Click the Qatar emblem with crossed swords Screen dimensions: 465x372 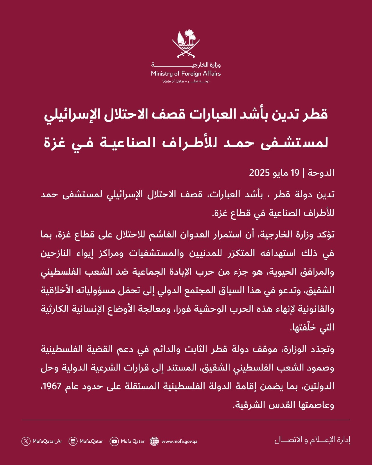pyautogui.click(x=186, y=43)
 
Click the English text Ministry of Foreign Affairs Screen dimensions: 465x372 pyautogui.click(x=186, y=74)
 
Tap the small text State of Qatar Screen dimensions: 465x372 pyautogui.click(x=173, y=81)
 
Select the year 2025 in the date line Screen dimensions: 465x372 pyautogui.click(x=259, y=173)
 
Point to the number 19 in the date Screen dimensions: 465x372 pyautogui.click(x=295, y=173)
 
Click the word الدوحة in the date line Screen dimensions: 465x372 pyautogui.click(x=321, y=173)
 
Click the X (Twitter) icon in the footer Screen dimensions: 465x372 pyautogui.click(x=26, y=441)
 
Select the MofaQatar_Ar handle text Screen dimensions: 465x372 pyautogui.click(x=47, y=441)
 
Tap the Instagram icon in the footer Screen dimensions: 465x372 pyautogui.click(x=73, y=441)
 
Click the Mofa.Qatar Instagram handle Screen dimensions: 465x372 pyautogui.click(x=91, y=441)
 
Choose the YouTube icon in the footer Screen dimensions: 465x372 pyautogui.click(x=114, y=441)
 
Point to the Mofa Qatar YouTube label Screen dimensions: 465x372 pyautogui.click(x=133, y=441)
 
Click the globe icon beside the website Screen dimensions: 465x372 pyautogui.click(x=154, y=441)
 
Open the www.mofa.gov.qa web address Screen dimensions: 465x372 pyautogui.click(x=179, y=441)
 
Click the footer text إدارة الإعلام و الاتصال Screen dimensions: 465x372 pyautogui.click(x=312, y=440)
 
